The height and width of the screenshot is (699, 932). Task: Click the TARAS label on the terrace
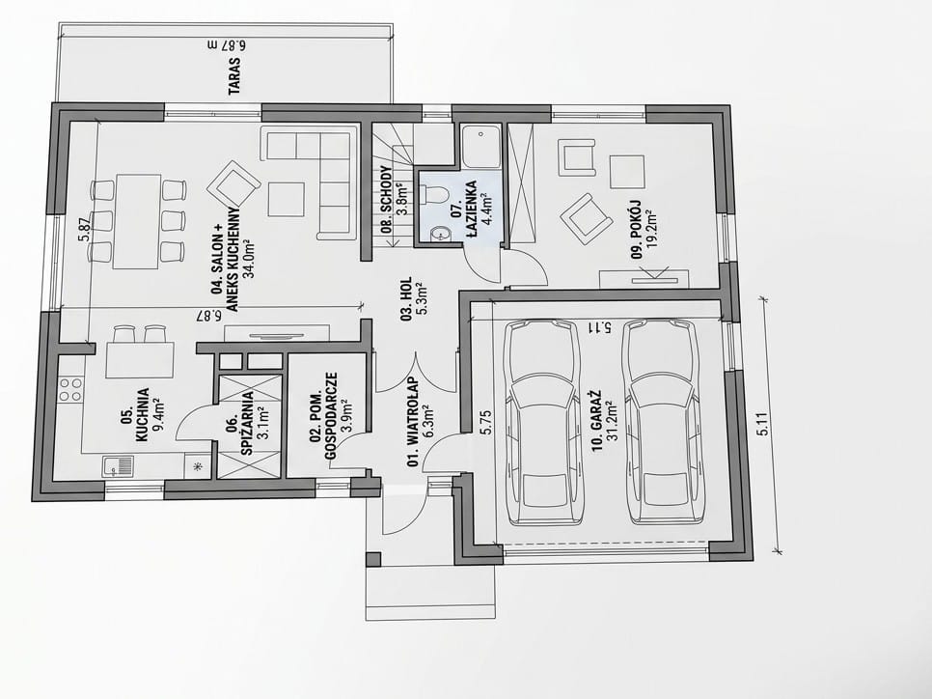[235, 75]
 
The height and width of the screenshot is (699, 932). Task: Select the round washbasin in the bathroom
[439, 234]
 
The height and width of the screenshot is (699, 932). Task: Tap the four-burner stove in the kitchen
[71, 389]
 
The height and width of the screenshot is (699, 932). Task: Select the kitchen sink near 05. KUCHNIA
[118, 465]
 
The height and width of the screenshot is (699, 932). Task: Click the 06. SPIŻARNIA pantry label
[248, 423]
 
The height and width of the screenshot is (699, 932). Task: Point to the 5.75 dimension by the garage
[482, 422]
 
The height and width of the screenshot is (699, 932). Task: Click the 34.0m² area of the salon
[248, 249]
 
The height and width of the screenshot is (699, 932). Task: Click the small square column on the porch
[372, 559]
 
